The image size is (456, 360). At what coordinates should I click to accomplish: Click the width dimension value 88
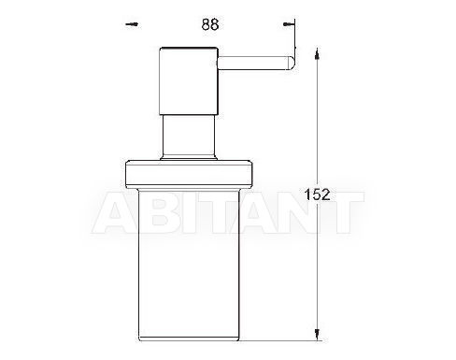point(210,24)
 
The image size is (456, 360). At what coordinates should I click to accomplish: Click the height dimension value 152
point(317,194)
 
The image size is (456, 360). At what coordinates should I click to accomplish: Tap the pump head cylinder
point(189,81)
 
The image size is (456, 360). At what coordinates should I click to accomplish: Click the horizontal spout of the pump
point(255,64)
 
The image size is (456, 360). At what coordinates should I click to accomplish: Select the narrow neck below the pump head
point(189,136)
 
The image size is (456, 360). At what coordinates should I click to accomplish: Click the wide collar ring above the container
point(189,174)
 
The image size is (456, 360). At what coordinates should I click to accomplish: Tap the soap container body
point(189,265)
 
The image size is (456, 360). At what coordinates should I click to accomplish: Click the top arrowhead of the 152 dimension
point(317,53)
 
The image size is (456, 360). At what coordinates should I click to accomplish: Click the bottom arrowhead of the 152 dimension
point(317,335)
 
